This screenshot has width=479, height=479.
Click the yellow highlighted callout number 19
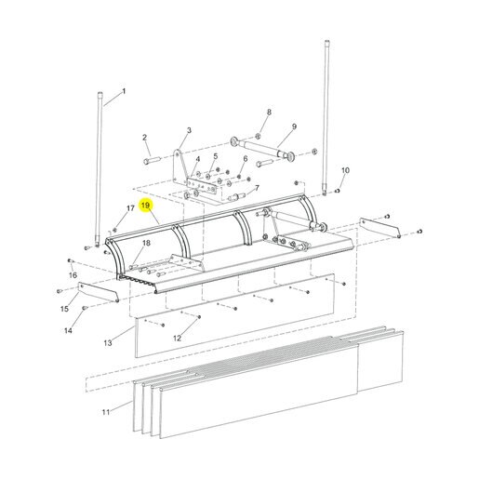pos(145,206)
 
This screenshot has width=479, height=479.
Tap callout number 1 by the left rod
pos(124,91)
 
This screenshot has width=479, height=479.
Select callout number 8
pos(269,113)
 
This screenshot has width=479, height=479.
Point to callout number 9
pos(294,126)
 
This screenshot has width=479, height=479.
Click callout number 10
pos(345,170)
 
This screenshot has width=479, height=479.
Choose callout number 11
pos(106,412)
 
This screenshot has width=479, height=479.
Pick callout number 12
pos(177,339)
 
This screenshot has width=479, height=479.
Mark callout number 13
pos(108,343)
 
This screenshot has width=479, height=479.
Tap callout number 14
pos(68,331)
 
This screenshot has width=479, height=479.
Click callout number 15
pos(64,309)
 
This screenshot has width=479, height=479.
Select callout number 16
pos(73,275)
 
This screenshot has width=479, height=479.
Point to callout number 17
pos(130,207)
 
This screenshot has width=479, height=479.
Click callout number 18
pos(146,243)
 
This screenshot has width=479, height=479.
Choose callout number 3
pos(189,130)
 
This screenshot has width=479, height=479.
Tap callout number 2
pos(145,138)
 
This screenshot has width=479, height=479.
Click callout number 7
pos(257,188)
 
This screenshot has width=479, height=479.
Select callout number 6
pos(246,159)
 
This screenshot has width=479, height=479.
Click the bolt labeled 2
pos(152,161)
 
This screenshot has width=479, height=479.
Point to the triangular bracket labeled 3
pos(180,167)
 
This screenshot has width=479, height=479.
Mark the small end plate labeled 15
pos(99,292)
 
